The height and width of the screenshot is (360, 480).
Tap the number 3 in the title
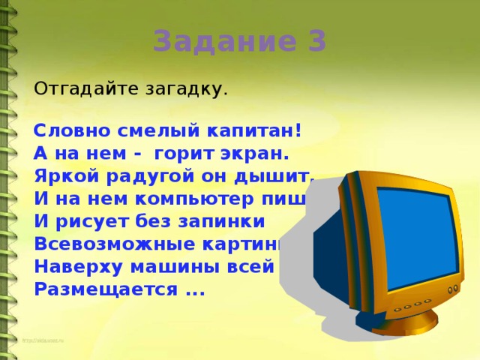(x=316, y=41)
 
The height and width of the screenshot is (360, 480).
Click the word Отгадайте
(x=83, y=88)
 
